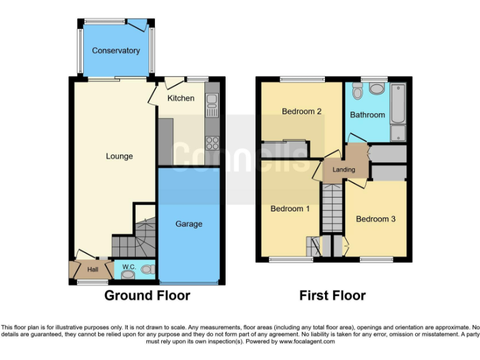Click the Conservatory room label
(116, 51)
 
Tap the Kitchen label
(181, 98)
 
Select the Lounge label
(119, 156)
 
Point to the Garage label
(188, 224)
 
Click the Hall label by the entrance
(92, 269)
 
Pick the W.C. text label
(129, 267)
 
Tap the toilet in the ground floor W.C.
(147, 270)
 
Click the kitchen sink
(211, 102)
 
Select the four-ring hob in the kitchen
(212, 142)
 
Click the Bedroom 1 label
(290, 209)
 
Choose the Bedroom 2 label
(301, 112)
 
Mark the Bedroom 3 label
(376, 219)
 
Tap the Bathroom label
(367, 115)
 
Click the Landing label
(344, 169)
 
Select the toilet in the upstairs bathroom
(357, 92)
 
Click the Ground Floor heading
(147, 295)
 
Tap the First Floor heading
(332, 295)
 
